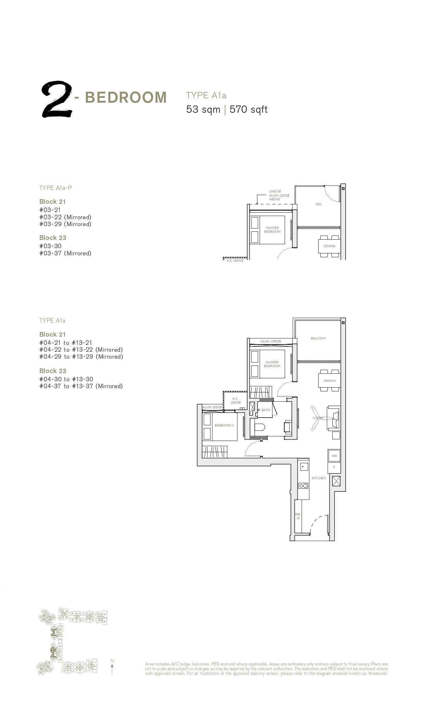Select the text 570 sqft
pos(248,110)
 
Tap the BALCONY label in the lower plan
pos(318,338)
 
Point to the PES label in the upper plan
pos(319,204)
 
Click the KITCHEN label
pos(319,478)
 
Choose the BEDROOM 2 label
pos(224,426)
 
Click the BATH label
pos(266,410)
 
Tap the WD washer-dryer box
pos(334,456)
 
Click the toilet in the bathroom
pos(260,427)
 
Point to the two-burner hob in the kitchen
pos(303,486)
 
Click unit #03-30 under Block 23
pos(50,246)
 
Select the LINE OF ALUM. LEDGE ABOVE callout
pos(279,195)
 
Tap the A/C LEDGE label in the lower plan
pos(236,400)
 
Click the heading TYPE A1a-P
pos(55,188)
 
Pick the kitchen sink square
pos(304,467)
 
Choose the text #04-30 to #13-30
pos(66,379)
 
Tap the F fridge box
pos(334,467)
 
